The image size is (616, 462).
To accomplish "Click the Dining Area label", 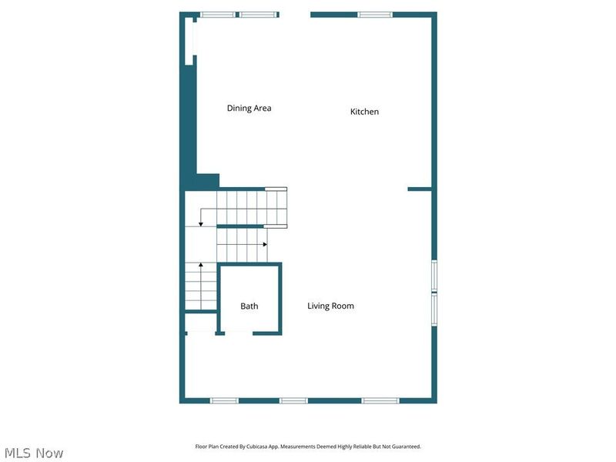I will click(249, 109).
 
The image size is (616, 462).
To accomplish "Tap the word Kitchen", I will click(364, 112).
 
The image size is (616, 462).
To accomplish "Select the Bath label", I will click(249, 306).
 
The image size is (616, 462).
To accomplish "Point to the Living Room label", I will click(330, 306).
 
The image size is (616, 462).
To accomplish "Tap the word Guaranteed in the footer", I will click(407, 447).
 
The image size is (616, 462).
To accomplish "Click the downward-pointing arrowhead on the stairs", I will click(201, 223).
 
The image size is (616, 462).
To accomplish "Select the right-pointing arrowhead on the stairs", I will click(265, 244).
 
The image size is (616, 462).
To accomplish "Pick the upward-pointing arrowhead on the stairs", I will click(201, 266).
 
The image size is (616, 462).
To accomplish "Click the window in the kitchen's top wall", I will click(375, 15).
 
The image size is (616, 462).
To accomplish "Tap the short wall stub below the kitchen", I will click(419, 189).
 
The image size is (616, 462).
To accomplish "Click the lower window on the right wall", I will click(434, 310).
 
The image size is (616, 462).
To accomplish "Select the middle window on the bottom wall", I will click(293, 400).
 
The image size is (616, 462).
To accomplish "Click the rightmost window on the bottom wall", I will click(380, 400).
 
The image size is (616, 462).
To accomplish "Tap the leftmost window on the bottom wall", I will click(225, 400).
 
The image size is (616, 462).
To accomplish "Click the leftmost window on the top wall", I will click(218, 15).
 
